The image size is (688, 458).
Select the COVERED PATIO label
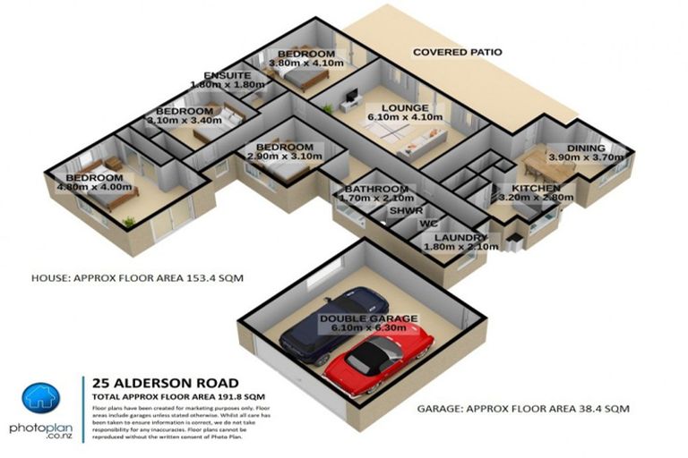(456, 53)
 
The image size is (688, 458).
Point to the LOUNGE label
(392, 107)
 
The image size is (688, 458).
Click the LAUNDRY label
(439, 237)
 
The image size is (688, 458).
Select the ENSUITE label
(227, 75)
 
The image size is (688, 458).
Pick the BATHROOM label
(376, 190)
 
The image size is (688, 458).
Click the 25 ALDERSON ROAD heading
(144, 381)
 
